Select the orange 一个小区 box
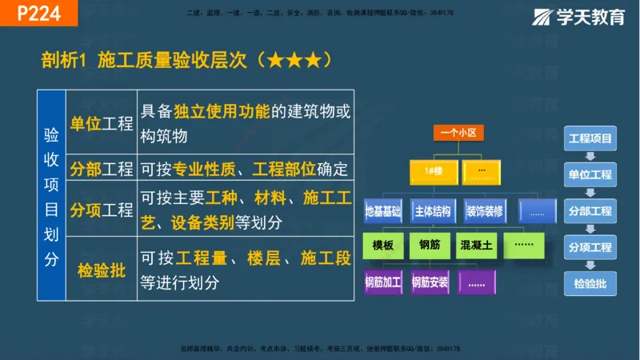pyautogui.click(x=458, y=133)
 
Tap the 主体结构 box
pyautogui.click(x=434, y=211)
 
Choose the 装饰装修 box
pyautogui.click(x=483, y=211)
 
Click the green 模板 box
pyautogui.click(x=384, y=246)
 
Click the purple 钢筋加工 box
pyautogui.click(x=384, y=282)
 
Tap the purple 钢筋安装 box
pyautogui.click(x=430, y=282)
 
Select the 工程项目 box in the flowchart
pyautogui.click(x=590, y=138)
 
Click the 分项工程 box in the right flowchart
pyautogui.click(x=590, y=247)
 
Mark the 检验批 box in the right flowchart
pyautogui.click(x=590, y=283)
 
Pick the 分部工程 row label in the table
pyautogui.click(x=102, y=169)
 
